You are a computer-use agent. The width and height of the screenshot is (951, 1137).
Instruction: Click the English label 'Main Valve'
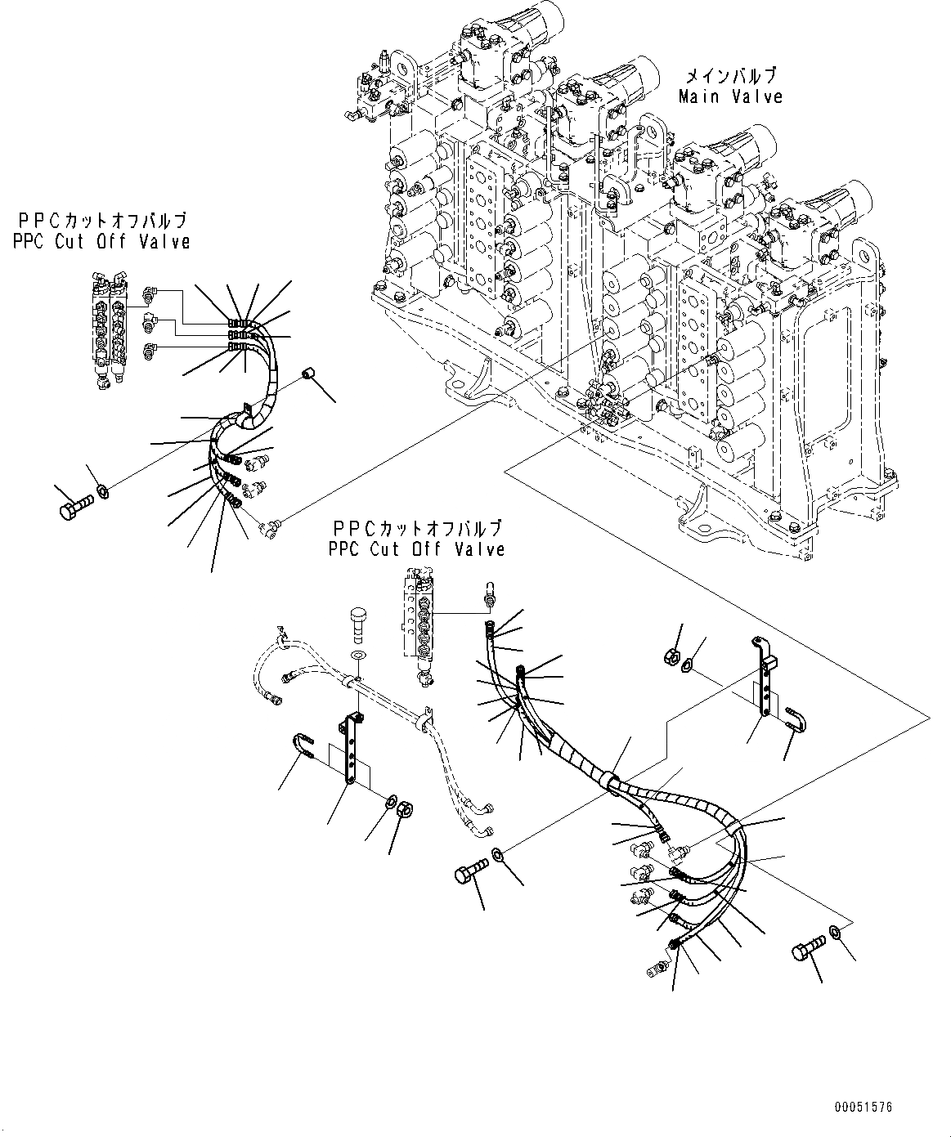point(730,96)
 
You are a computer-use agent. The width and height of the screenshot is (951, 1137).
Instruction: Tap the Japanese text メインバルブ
point(730,77)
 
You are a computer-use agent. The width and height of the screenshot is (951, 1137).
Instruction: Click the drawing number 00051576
point(863,1107)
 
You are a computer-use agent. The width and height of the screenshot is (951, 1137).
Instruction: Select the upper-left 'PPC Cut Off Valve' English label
point(101,241)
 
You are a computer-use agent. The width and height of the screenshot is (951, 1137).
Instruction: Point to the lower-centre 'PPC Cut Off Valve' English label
point(416,549)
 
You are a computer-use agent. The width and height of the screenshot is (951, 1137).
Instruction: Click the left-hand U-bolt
point(303,745)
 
